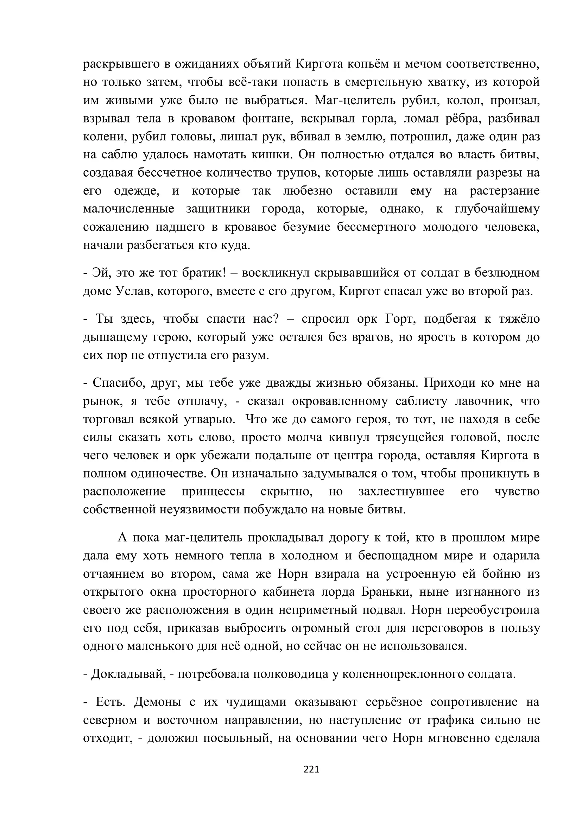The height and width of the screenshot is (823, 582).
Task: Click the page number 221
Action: tap(311, 769)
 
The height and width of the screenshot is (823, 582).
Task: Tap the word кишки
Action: tap(274, 155)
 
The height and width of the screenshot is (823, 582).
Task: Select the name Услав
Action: tap(129, 291)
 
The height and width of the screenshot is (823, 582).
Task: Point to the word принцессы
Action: tap(213, 492)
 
